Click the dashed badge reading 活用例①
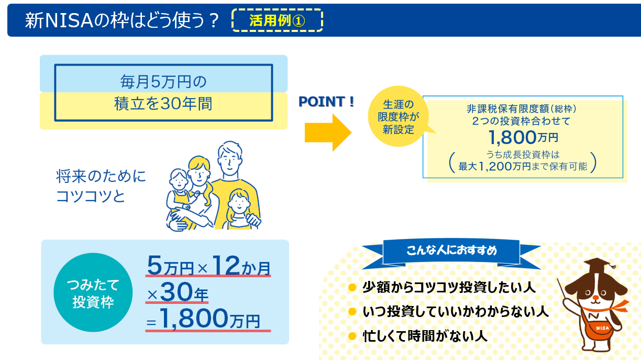pyautogui.click(x=277, y=20)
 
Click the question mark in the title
pyautogui.click(x=214, y=20)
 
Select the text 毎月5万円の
pyautogui.click(x=163, y=82)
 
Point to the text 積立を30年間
pyautogui.click(x=163, y=103)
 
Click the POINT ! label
pyautogui.click(x=326, y=102)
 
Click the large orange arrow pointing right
pyautogui.click(x=328, y=133)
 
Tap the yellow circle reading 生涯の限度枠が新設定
pyautogui.click(x=398, y=116)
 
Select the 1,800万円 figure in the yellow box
pyautogui.click(x=523, y=137)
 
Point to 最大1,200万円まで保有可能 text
pyautogui.click(x=523, y=167)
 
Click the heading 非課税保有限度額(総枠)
pyautogui.click(x=522, y=109)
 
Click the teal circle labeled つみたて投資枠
pyautogui.click(x=93, y=292)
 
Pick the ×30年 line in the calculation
pyautogui.click(x=178, y=292)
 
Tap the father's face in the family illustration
pyautogui.click(x=230, y=159)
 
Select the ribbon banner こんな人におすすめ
pyautogui.click(x=451, y=252)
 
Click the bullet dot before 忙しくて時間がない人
pyautogui.click(x=352, y=336)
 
